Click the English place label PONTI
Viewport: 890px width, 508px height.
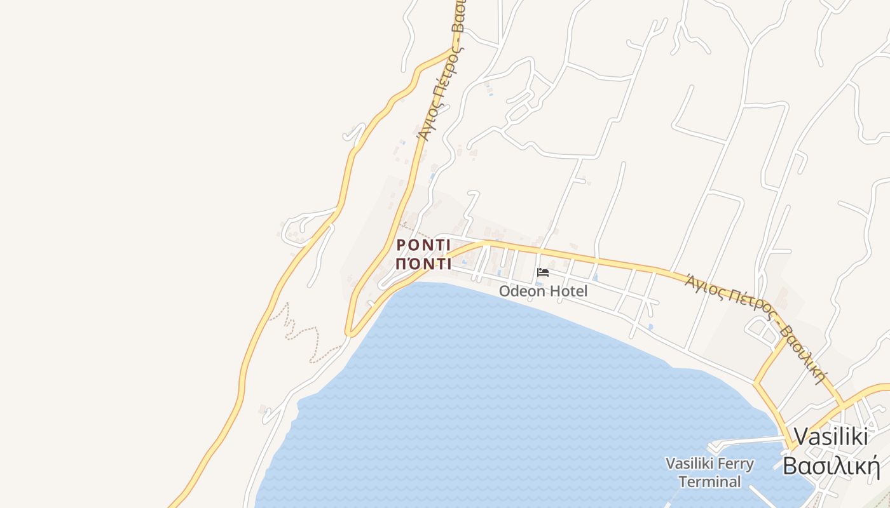(x=423, y=245)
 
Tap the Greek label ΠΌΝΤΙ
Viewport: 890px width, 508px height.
(x=423, y=264)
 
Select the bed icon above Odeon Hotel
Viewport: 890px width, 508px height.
(x=543, y=272)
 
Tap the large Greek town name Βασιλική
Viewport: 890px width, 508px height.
(x=831, y=465)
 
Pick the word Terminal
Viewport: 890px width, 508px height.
(x=709, y=482)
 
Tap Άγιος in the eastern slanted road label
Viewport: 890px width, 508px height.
(x=706, y=286)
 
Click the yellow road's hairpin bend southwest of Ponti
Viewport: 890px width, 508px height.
(x=349, y=331)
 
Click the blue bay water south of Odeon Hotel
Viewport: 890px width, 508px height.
(x=509, y=381)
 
